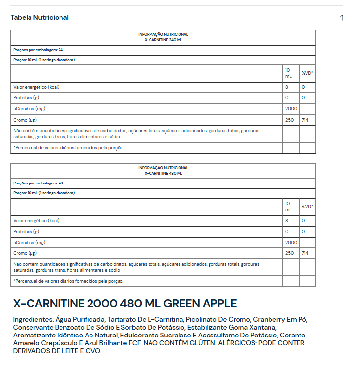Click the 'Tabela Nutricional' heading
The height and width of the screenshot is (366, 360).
pyautogui.click(x=39, y=17)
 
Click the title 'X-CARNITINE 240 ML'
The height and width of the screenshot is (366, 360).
pyautogui.click(x=163, y=40)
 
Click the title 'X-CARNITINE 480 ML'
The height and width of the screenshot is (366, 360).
pyautogui.click(x=163, y=173)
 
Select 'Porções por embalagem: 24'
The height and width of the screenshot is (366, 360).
pyautogui.click(x=38, y=50)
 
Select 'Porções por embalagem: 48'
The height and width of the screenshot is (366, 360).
pyautogui.click(x=38, y=183)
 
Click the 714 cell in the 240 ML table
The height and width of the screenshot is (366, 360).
pyautogui.click(x=305, y=120)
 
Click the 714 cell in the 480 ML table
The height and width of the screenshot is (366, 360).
pyautogui.click(x=305, y=253)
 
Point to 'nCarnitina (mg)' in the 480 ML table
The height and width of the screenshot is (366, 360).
pyautogui.click(x=29, y=242)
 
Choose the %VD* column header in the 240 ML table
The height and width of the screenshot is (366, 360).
pyautogui.click(x=307, y=73)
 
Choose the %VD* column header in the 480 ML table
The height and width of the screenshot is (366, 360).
pyautogui.click(x=307, y=206)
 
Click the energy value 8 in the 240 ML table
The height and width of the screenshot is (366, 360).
pyautogui.click(x=287, y=87)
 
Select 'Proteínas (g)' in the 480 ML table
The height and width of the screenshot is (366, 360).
pyautogui.click(x=27, y=231)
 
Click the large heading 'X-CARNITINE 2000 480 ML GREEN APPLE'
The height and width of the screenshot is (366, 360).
pyautogui.click(x=125, y=304)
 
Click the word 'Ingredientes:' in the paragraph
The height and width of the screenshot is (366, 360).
pyautogui.click(x=33, y=319)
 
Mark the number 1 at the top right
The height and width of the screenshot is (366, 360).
pyautogui.click(x=341, y=18)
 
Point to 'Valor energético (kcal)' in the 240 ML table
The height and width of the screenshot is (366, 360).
pyautogui.click(x=36, y=87)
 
